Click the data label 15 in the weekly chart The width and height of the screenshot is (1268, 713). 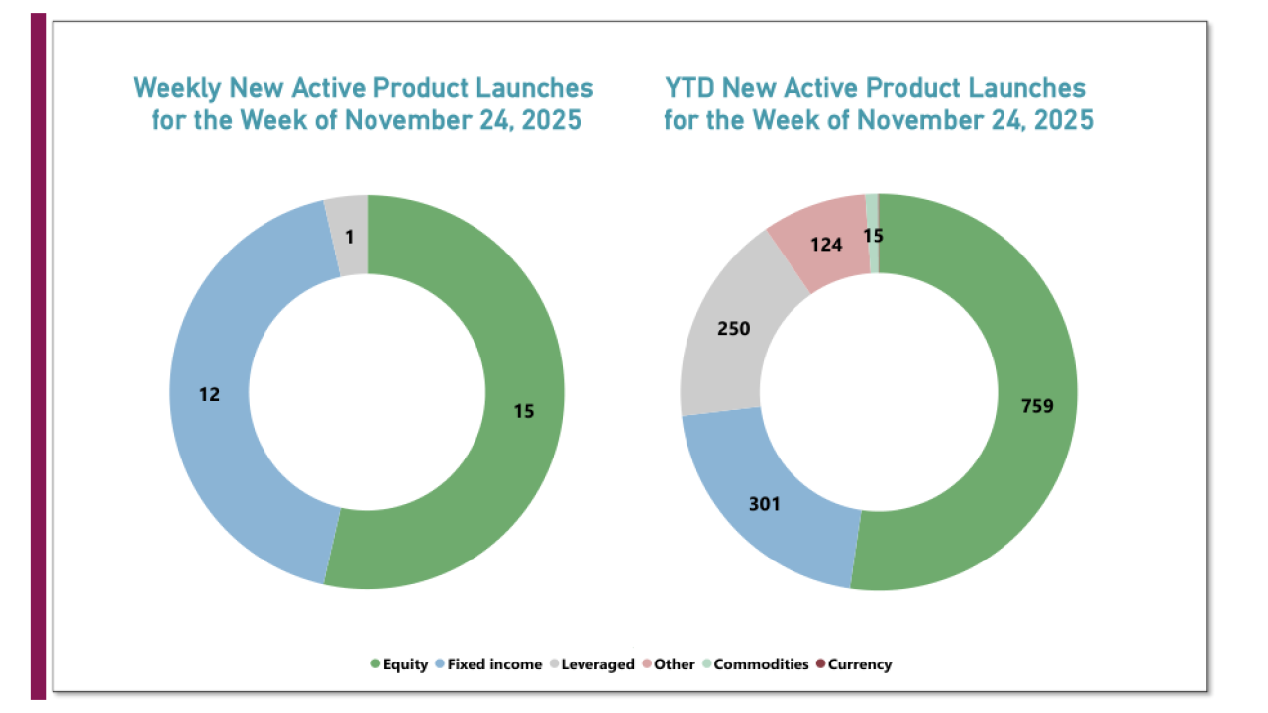tap(524, 411)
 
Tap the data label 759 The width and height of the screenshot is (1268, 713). tap(1036, 405)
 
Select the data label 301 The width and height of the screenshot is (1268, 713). tap(764, 504)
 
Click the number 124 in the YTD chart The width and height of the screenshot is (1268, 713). tap(825, 243)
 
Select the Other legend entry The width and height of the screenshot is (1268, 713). tap(674, 664)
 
